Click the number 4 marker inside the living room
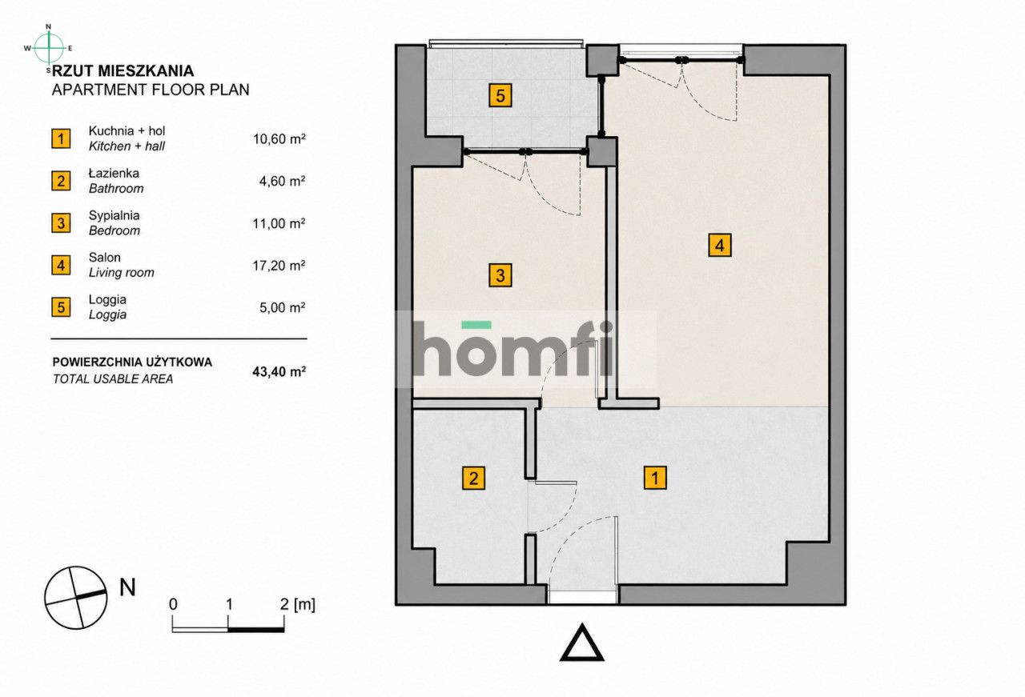coord(720,245)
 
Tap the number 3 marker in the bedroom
coord(500,275)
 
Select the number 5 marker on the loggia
coord(500,95)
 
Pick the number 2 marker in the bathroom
coord(473,479)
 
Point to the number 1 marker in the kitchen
coord(655,478)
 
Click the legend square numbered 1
coord(61,138)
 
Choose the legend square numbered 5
coord(61,307)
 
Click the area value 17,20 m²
coord(279,265)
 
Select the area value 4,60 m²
coord(283,181)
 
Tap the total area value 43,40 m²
coord(279,371)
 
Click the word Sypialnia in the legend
coord(114,215)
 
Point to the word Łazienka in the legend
coord(114,173)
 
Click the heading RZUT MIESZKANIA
coord(123,71)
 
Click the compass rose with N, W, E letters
coord(49,48)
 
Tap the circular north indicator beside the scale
coord(75,597)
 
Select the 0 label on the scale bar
coord(173,604)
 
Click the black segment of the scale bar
coord(256,630)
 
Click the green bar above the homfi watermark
coord(476,325)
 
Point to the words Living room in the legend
coord(121,273)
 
